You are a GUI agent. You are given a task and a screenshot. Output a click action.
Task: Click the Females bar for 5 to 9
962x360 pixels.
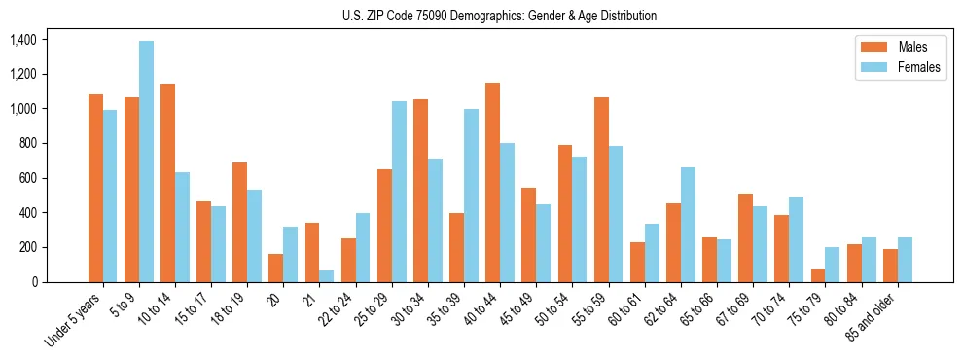click(146, 162)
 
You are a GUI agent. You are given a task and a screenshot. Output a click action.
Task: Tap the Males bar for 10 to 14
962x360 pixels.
click(167, 183)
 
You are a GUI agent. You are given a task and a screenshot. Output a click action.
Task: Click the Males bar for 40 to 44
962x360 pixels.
click(492, 182)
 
